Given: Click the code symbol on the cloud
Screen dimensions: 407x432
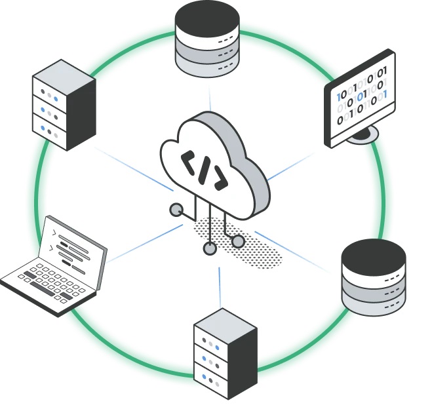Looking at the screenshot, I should [x=205, y=170].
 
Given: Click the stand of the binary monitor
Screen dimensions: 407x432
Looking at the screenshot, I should [x=363, y=135].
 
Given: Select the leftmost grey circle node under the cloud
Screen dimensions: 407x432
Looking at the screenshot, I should [x=176, y=210].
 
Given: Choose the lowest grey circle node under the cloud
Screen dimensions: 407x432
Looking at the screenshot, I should [x=210, y=248].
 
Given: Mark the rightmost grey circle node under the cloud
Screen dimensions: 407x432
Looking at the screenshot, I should [x=238, y=242].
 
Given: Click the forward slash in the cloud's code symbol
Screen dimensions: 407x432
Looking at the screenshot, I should [x=205, y=170].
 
